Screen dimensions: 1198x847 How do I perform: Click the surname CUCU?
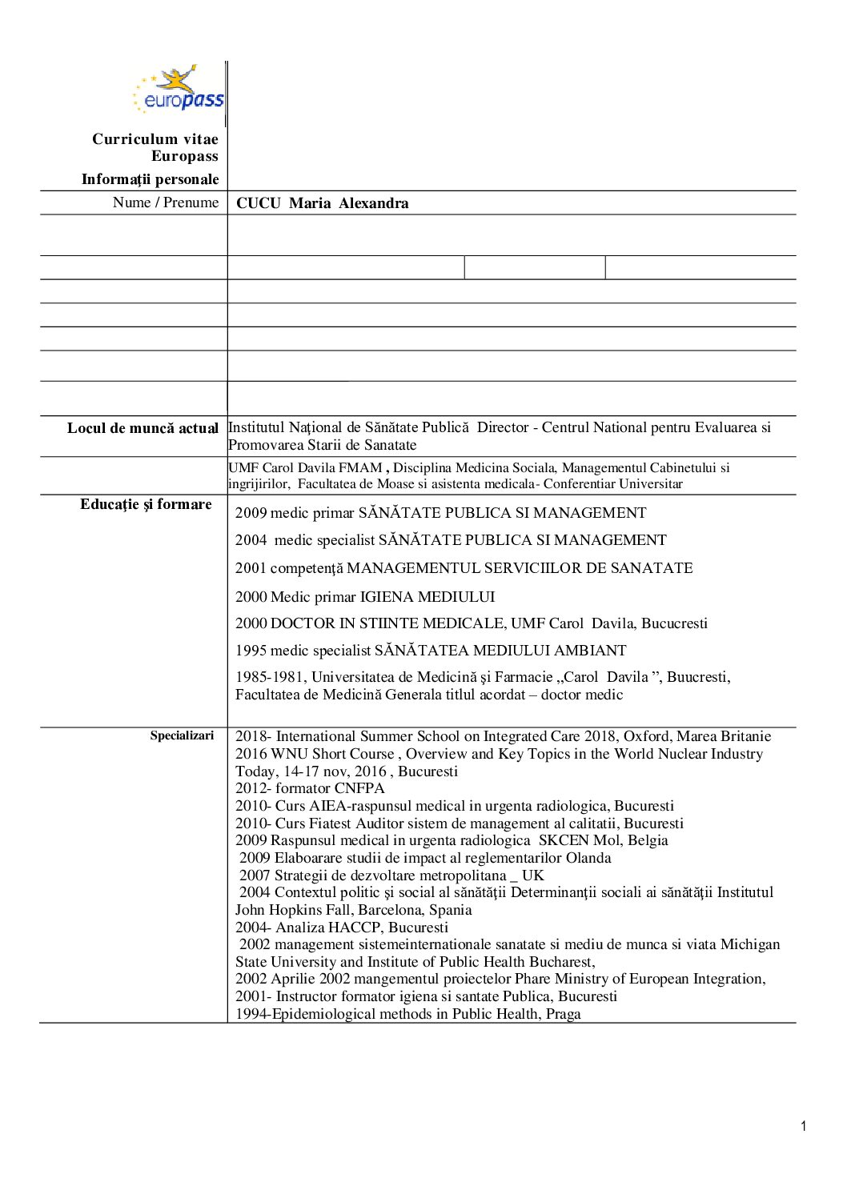click(258, 203)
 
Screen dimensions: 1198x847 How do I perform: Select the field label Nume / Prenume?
click(166, 202)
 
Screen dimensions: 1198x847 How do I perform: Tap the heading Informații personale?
click(150, 179)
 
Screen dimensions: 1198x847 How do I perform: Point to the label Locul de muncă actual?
click(143, 428)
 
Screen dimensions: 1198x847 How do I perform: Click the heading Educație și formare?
click(146, 504)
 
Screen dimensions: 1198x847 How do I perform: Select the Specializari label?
click(182, 735)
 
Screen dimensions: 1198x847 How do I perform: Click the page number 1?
click(803, 1127)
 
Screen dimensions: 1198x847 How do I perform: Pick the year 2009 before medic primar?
click(251, 513)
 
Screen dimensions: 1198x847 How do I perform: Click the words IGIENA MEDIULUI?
click(428, 597)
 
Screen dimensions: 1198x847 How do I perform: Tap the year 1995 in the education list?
click(251, 651)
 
